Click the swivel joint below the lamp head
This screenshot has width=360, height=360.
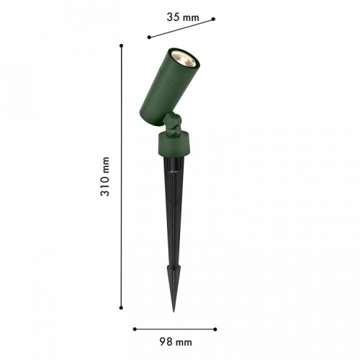(171, 127)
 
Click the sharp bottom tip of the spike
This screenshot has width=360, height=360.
(174, 311)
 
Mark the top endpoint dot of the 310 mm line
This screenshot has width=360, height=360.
(122, 45)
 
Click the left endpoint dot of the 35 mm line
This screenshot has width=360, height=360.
(148, 37)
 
